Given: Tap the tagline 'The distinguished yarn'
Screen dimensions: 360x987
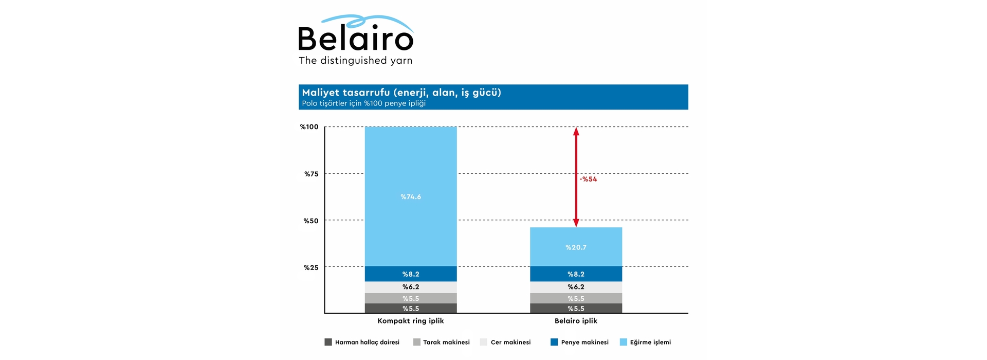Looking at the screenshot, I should point(356,61).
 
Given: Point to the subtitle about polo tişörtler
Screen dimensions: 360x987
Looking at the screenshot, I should point(363,103).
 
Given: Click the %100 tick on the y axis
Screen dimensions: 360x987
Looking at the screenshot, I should point(309,127).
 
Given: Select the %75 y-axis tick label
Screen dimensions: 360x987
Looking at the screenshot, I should point(311,174).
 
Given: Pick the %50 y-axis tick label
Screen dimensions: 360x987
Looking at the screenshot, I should point(311,221).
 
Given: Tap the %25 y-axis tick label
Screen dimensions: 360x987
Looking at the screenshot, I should point(311,267).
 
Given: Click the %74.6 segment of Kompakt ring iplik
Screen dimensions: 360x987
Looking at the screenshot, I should point(411,196).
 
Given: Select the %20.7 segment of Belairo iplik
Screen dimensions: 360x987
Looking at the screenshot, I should point(576,247).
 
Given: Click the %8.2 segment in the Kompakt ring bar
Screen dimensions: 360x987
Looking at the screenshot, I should point(411,274).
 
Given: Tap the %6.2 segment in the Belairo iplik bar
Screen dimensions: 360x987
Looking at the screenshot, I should point(576,287).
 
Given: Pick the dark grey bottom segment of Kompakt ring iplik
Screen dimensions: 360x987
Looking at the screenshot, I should point(411,309).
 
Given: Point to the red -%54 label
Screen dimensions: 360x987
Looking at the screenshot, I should point(589,179).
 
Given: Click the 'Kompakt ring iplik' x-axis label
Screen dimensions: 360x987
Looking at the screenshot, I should point(411,321).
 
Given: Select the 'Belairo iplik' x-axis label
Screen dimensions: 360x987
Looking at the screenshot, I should point(576,321).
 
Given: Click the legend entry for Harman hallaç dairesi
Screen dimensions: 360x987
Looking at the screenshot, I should point(362,342).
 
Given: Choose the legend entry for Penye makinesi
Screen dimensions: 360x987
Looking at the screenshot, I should point(579,342).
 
